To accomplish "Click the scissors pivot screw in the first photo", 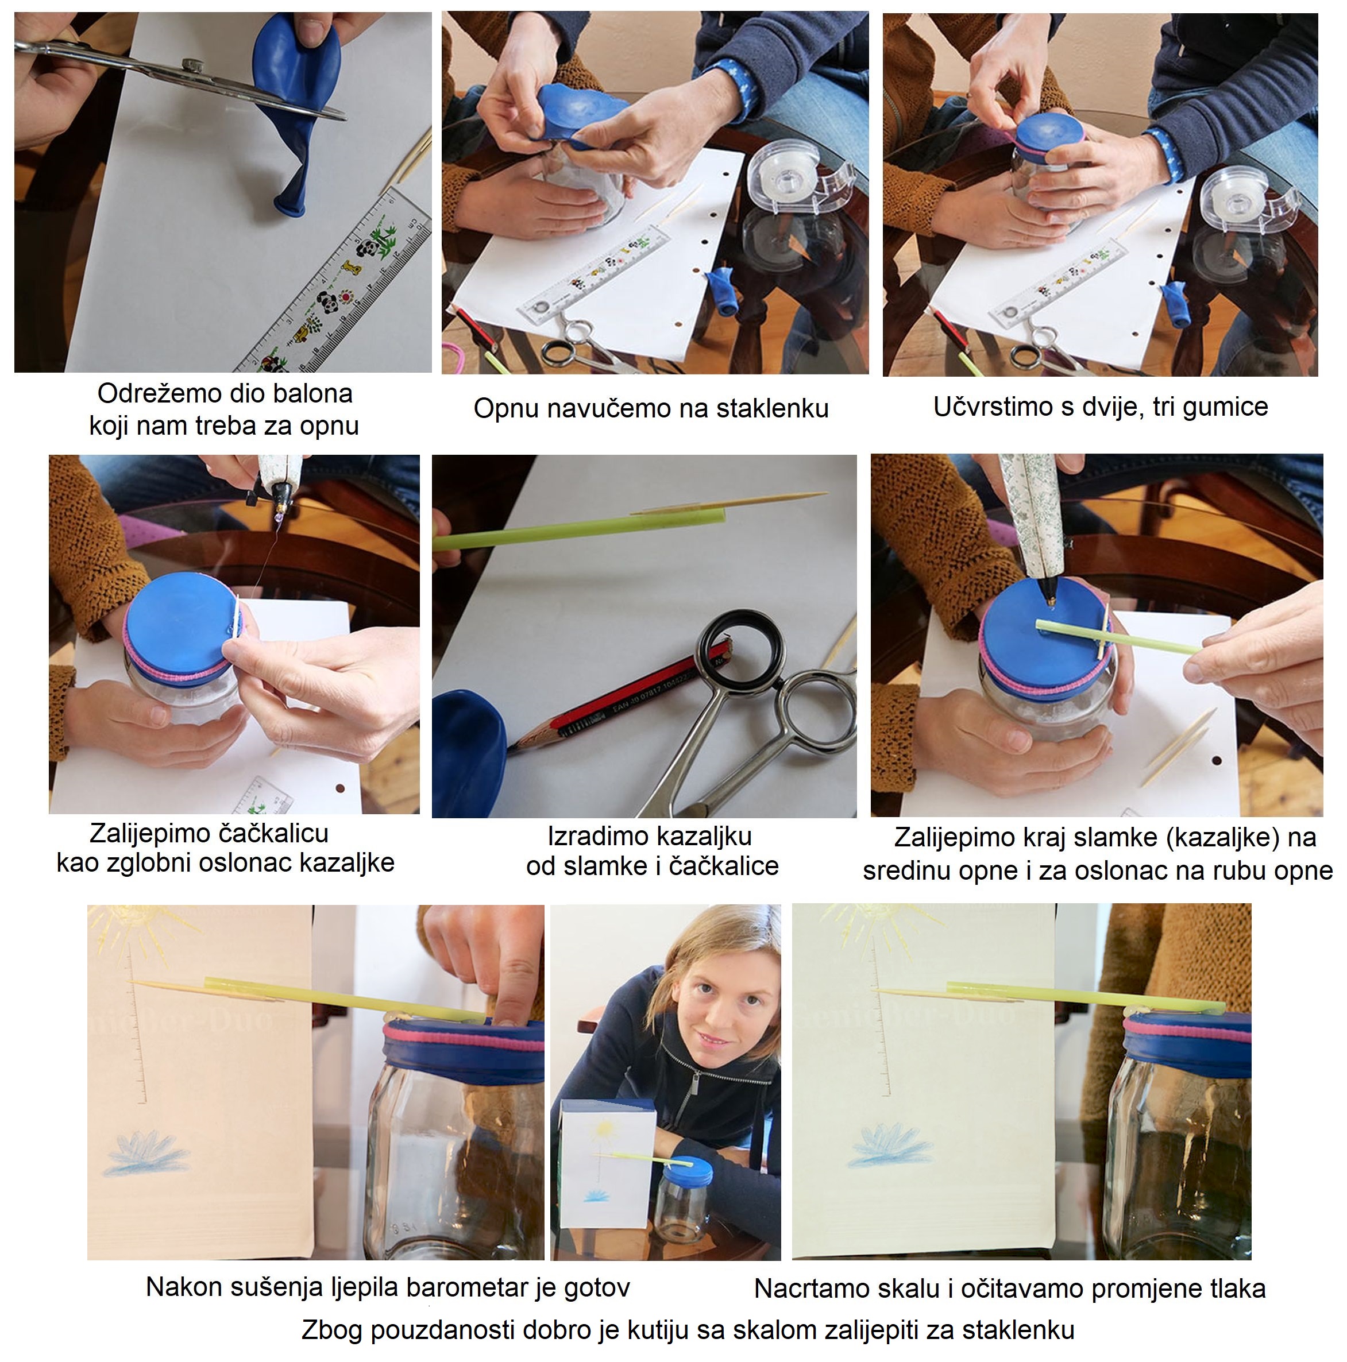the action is (x=190, y=64).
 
